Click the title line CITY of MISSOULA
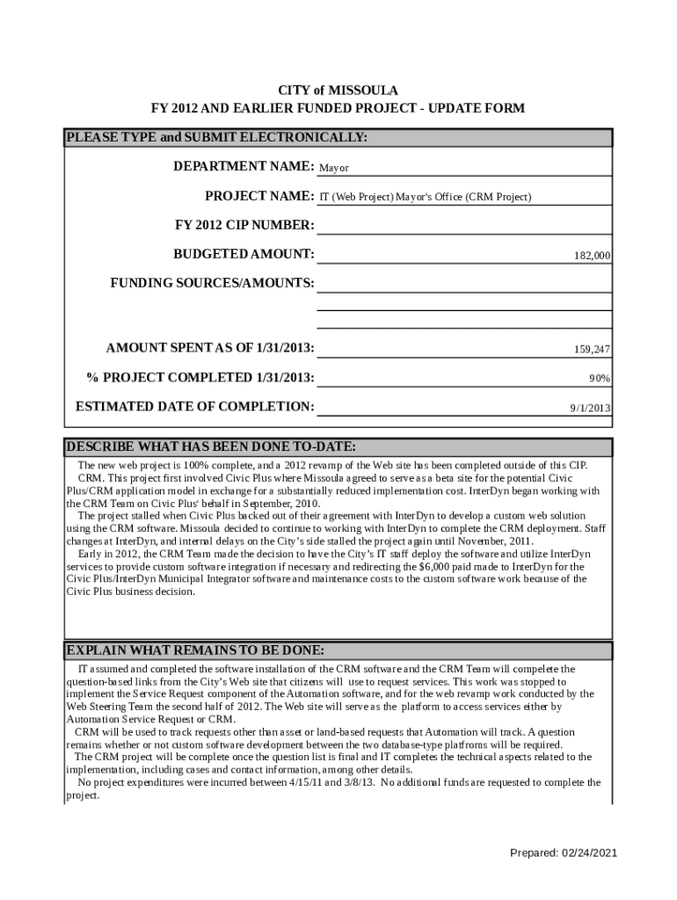pyautogui.click(x=338, y=91)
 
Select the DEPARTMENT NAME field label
pyautogui.click(x=244, y=166)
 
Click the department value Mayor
pyautogui.click(x=333, y=168)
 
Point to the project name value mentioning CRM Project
pyautogui.click(x=425, y=197)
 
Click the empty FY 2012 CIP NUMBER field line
pyautogui.click(x=463, y=226)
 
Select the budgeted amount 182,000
pyautogui.click(x=592, y=256)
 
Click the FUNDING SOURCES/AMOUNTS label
pyautogui.click(x=212, y=283)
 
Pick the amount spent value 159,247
pyautogui.click(x=592, y=350)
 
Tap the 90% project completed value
pyautogui.click(x=600, y=379)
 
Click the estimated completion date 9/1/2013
pyautogui.click(x=590, y=409)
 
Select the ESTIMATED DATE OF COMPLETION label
pyautogui.click(x=194, y=407)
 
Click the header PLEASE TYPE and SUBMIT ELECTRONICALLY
pyautogui.click(x=217, y=138)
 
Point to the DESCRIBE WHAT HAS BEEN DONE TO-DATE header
pyautogui.click(x=211, y=446)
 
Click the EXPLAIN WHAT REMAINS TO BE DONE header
pyautogui.click(x=195, y=650)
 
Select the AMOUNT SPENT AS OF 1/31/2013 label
pyautogui.click(x=210, y=348)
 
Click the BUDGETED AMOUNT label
pyautogui.click(x=244, y=254)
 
